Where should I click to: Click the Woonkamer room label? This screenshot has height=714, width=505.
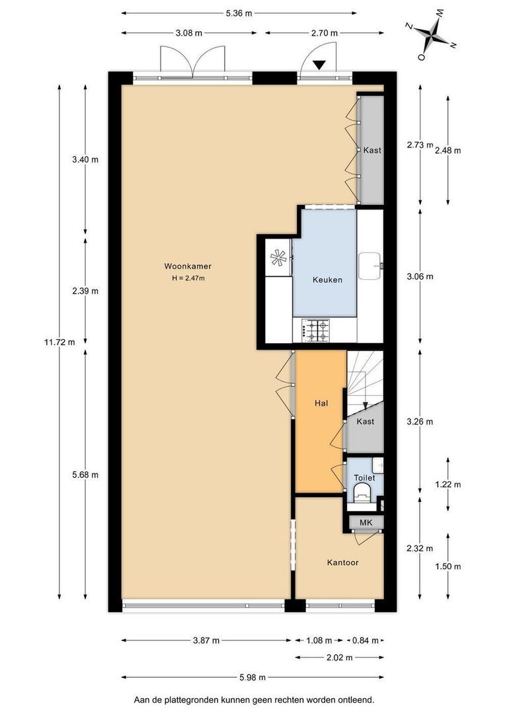(188, 266)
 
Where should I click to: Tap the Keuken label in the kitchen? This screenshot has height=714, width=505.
(327, 280)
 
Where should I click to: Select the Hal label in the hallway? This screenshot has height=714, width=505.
(321, 403)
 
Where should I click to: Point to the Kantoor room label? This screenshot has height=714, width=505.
(343, 563)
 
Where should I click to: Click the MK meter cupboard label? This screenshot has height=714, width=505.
(366, 522)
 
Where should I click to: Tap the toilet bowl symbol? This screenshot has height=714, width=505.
(362, 493)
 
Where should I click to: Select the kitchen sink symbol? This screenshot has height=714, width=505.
(371, 266)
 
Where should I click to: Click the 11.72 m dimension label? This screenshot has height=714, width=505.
(59, 342)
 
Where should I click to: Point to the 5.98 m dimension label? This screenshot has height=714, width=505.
(252, 677)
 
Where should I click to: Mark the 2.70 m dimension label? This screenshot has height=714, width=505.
(325, 33)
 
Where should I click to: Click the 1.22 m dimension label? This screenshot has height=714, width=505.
(447, 484)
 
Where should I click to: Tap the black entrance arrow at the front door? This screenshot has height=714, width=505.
(320, 65)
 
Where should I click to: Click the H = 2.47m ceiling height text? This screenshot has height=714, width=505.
(188, 278)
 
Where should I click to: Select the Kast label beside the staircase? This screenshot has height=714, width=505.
(366, 421)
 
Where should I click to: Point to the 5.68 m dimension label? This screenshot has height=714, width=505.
(85, 475)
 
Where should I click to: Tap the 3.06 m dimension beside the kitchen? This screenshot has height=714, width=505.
(420, 276)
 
